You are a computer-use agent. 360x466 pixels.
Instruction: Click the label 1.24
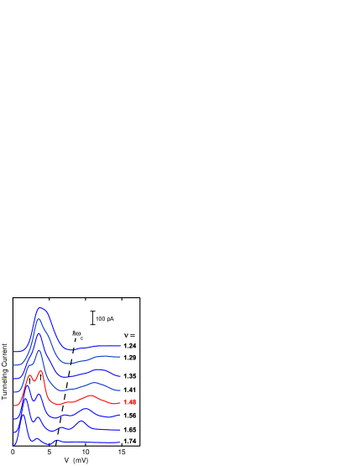coord(129,346)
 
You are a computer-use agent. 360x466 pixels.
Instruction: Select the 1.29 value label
coord(129,358)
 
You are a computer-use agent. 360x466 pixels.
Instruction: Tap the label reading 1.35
coord(129,376)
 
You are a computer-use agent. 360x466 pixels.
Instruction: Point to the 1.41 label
coord(129,390)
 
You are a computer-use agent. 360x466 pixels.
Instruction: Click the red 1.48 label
coord(129,402)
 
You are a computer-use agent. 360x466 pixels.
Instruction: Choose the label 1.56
coord(129,416)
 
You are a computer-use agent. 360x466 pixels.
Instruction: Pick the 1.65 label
coord(129,429)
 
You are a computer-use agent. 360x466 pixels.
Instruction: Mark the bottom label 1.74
coord(129,441)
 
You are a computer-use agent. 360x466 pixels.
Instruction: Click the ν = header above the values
coord(129,335)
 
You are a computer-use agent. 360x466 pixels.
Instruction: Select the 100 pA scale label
coord(104,319)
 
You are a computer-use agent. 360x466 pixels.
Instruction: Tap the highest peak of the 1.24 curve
coord(39,308)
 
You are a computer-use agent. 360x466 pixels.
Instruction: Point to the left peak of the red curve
coord(30,376)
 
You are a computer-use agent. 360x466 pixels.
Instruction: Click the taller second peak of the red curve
coord(39,370)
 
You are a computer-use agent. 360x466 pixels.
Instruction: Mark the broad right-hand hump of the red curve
coord(91,395)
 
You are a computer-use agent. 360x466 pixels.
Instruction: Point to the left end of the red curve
coord(14,406)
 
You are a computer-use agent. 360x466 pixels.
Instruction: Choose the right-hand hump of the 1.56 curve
coord(86,409)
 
